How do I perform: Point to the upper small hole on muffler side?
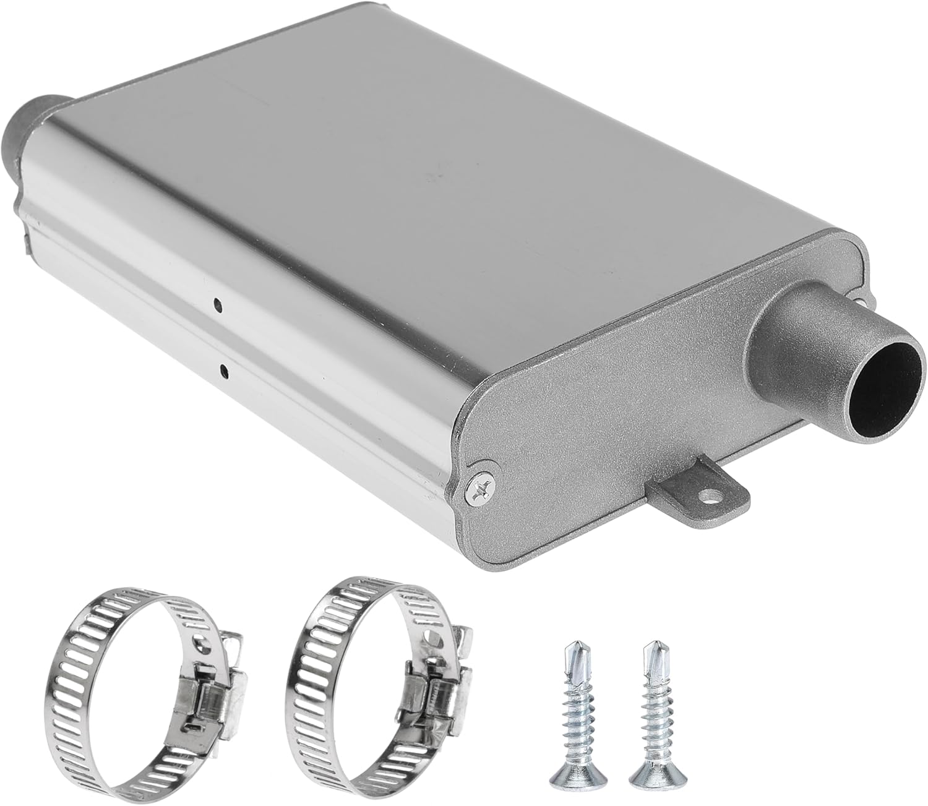click(217, 304)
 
